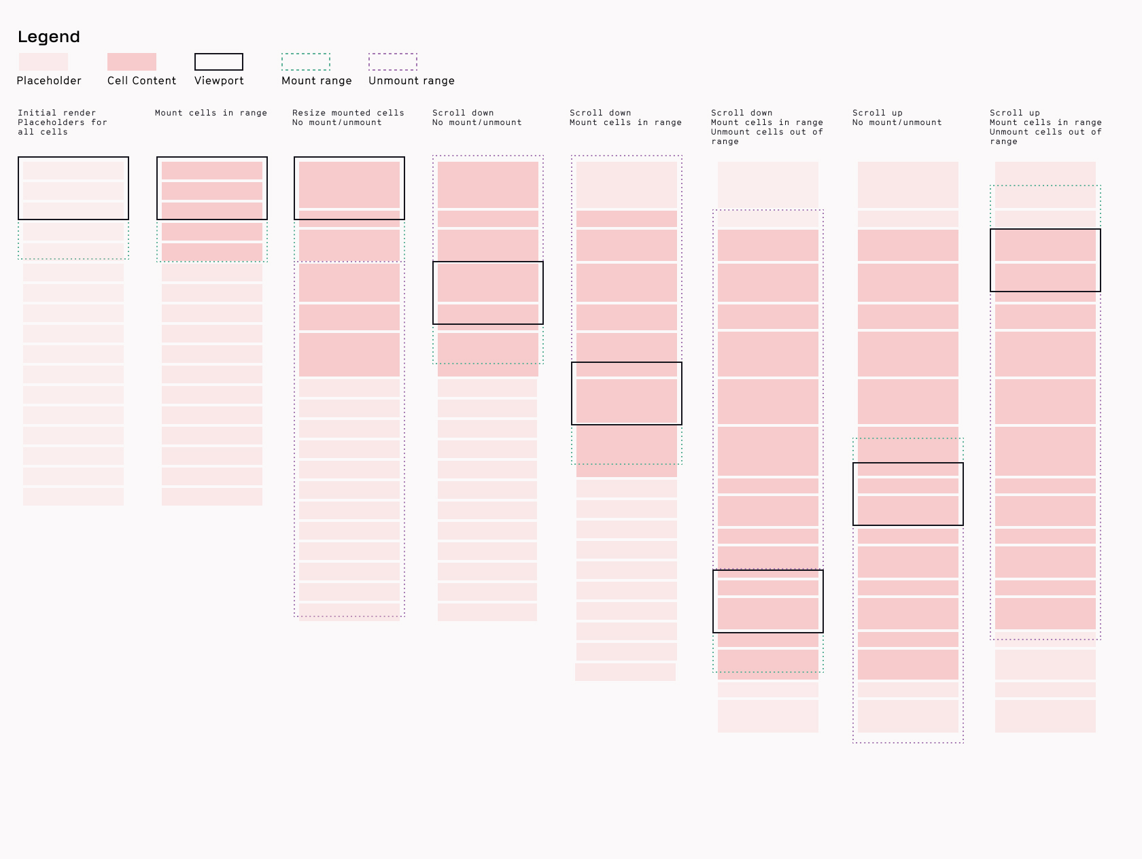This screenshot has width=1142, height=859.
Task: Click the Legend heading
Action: point(49,37)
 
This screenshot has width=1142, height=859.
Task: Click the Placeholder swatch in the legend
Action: point(44,62)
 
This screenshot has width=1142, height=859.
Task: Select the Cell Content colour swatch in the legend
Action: point(132,62)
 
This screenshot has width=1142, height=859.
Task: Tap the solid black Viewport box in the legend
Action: point(219,62)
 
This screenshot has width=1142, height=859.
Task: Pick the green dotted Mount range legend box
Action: point(306,62)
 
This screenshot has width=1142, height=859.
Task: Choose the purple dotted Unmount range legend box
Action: point(393,62)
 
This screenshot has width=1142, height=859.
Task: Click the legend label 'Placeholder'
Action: point(49,81)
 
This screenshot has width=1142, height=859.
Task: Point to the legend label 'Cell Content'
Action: point(141,81)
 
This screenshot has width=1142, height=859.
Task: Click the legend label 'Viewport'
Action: point(219,81)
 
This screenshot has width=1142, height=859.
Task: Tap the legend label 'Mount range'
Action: point(317,81)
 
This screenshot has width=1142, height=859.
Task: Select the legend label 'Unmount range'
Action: point(411,81)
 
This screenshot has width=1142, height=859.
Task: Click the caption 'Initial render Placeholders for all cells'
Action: point(62,122)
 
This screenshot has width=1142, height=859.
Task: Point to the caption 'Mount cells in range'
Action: point(211,113)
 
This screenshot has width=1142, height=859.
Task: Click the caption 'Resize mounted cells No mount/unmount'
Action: point(348,118)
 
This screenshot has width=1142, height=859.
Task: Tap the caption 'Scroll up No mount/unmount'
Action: point(897,118)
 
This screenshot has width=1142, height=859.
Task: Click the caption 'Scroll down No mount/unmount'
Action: point(477,118)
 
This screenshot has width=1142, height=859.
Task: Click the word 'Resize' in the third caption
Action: point(309,113)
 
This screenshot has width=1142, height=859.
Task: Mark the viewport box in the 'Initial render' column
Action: point(73,188)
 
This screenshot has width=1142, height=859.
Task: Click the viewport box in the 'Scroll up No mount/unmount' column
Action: point(908,494)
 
